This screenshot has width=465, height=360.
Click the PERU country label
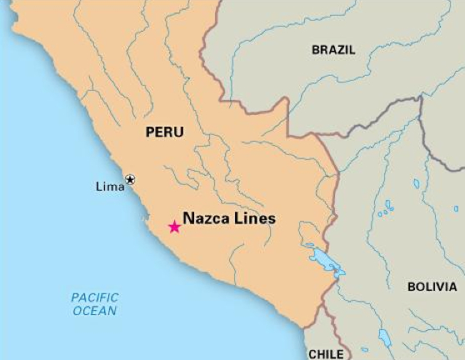click(164, 132)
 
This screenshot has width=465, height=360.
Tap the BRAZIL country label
click(333, 50)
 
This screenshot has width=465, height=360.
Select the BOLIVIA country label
click(432, 287)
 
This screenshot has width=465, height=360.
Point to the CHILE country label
click(326, 354)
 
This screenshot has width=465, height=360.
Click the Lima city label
click(110, 187)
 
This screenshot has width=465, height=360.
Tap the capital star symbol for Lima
click(130, 178)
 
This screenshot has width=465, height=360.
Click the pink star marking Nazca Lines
click(174, 227)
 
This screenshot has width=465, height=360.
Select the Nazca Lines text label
click(228, 219)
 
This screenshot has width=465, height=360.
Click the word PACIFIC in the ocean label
click(95, 297)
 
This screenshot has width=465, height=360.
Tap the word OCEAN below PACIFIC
click(95, 311)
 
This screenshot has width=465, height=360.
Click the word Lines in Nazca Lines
click(255, 219)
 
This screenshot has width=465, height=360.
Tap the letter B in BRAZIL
click(317, 50)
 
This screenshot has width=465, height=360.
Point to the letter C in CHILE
click(312, 354)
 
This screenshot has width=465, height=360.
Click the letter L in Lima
click(99, 187)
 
